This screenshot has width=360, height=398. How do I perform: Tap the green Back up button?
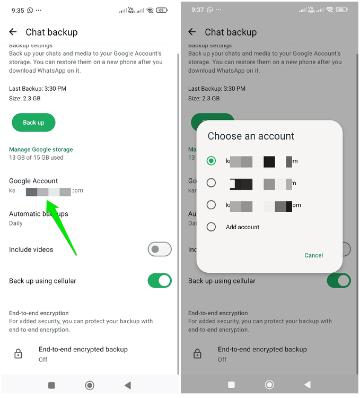pos(33,123)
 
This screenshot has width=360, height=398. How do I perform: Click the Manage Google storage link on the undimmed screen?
pos(41,150)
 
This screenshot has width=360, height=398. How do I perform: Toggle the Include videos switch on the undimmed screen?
pos(159,249)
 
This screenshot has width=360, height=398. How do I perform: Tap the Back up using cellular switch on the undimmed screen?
pos(159,281)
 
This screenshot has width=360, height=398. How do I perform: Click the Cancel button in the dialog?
pos(313,255)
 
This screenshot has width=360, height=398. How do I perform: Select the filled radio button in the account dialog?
pos(212,161)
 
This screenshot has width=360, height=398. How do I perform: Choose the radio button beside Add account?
pos(212,227)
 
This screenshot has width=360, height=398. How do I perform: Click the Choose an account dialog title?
pos(251,136)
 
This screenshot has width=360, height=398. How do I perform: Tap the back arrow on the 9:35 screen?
pos(13,32)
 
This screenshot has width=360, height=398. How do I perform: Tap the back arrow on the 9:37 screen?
pos(192,32)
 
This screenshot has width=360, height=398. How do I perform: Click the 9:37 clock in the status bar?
pos(198,10)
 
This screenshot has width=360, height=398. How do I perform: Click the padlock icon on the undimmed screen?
pos(18,354)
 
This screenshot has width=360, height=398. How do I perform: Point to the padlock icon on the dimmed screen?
pos(197,354)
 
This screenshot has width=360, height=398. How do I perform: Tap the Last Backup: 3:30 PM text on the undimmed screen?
pos(38,89)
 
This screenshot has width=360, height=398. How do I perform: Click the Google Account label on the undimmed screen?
pos(33,181)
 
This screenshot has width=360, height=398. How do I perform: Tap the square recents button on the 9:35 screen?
pos(51,385)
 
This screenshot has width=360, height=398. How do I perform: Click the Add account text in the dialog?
pos(242,227)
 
